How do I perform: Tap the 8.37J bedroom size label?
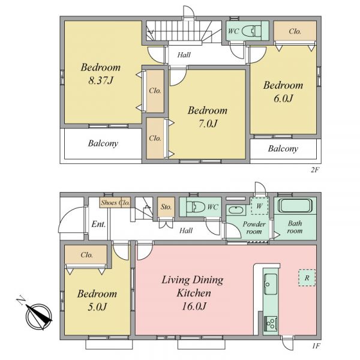(101, 80)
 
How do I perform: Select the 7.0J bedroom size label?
(208, 124)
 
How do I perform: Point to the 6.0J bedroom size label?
(283, 98)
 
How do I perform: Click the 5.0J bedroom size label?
(97, 307)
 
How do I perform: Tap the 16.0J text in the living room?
(194, 306)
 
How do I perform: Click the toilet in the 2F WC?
(252, 31)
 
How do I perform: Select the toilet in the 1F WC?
(196, 206)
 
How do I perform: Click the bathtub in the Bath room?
(295, 205)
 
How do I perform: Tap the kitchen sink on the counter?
(271, 284)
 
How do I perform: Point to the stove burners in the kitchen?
(271, 324)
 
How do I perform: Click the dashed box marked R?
(307, 278)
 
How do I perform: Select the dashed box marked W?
(259, 206)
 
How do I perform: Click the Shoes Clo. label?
(115, 203)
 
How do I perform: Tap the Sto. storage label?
(166, 207)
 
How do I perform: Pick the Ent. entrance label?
(98, 224)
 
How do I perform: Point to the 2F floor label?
(315, 170)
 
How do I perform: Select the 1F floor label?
(316, 346)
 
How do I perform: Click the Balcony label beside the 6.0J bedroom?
(283, 149)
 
